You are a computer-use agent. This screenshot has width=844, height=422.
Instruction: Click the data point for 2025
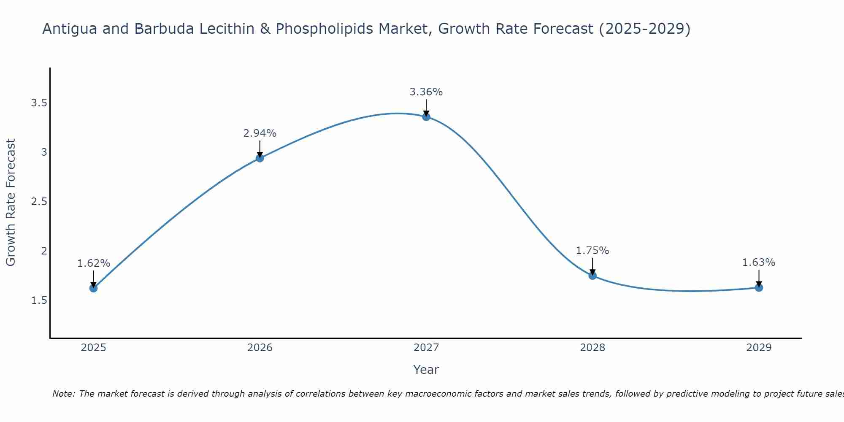(93, 288)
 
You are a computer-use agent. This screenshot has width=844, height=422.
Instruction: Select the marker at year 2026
(260, 158)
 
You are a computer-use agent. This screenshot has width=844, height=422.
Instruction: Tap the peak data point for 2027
(426, 117)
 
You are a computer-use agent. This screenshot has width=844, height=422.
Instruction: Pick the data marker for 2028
(592, 276)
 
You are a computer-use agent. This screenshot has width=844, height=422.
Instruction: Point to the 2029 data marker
(759, 288)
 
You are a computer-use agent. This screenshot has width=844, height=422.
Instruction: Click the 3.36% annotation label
(426, 92)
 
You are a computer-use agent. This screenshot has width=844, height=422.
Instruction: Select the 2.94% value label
(260, 133)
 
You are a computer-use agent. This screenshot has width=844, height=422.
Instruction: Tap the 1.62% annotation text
(93, 263)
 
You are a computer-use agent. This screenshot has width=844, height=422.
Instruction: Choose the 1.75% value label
(592, 251)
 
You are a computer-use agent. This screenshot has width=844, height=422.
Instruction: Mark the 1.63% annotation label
(759, 262)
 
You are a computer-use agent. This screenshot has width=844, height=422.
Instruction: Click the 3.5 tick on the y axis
(39, 103)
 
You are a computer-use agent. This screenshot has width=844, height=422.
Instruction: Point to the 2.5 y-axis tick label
(39, 202)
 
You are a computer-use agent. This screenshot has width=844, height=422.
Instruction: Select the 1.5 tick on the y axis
(39, 300)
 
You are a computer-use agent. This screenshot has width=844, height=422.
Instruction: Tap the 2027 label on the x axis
(426, 348)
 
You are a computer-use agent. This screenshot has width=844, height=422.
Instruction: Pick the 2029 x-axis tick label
(759, 348)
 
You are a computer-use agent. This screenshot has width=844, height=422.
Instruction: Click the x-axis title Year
(426, 370)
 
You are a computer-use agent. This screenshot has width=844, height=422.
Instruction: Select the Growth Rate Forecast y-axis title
(11, 203)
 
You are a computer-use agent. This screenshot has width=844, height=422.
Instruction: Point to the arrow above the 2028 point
(592, 266)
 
